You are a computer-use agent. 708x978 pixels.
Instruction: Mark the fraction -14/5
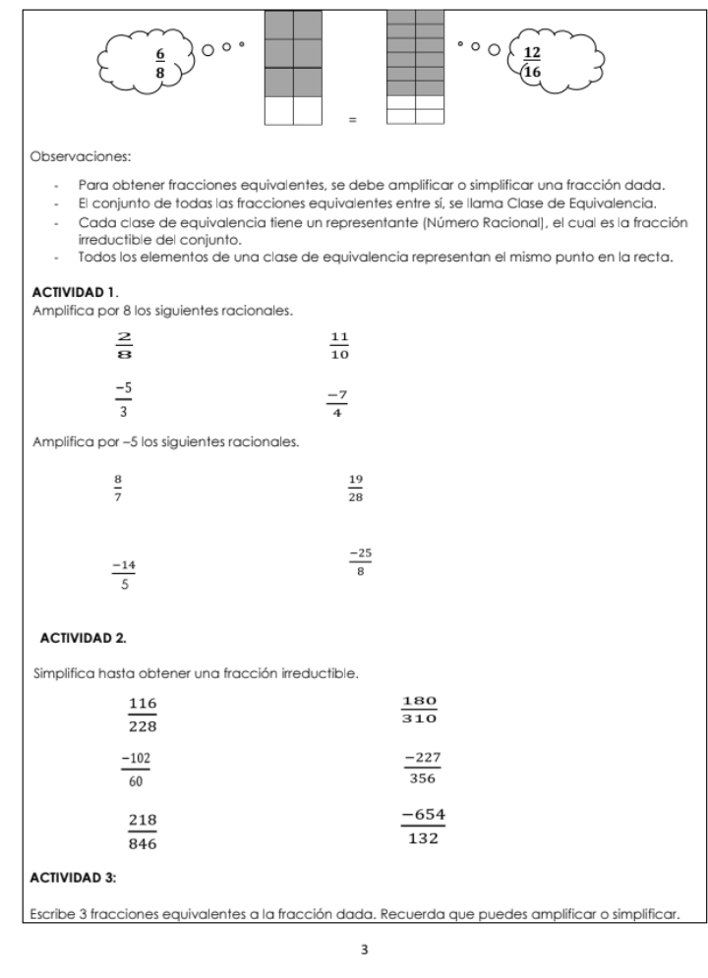coord(123,575)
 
